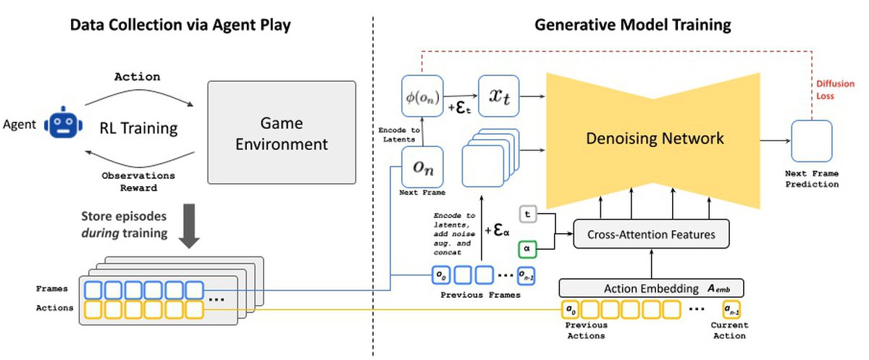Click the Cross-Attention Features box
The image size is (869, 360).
point(650,235)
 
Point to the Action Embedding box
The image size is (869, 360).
point(652,288)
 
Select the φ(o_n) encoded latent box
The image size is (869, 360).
point(421,95)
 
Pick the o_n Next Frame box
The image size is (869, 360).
point(422,167)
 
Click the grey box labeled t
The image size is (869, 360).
point(529,214)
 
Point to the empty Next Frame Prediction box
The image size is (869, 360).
point(811,141)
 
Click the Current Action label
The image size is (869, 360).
point(728,331)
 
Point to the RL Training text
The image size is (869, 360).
point(138,129)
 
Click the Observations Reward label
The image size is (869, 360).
point(138,182)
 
